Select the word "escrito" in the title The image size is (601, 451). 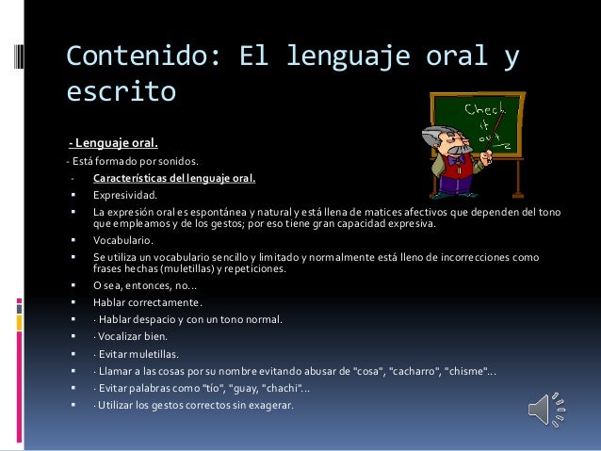[121, 93]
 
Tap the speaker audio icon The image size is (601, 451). [547, 411]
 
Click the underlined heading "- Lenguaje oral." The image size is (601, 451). [112, 143]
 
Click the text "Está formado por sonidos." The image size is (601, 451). [120, 161]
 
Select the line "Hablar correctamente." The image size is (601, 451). [147, 302]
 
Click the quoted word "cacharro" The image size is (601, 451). [415, 371]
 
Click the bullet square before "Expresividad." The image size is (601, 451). [72, 195]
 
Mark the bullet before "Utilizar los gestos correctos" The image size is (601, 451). [72, 406]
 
